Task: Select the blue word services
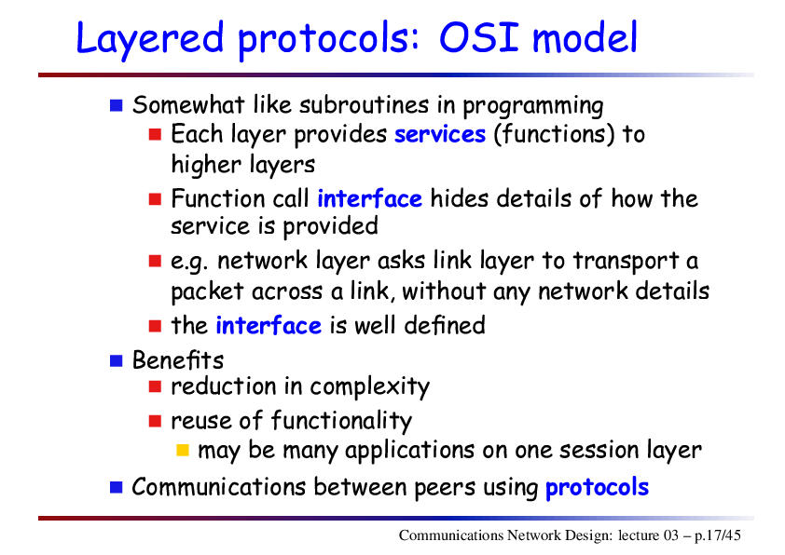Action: (x=440, y=134)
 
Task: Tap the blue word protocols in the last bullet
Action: (x=597, y=488)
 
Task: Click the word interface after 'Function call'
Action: (x=370, y=198)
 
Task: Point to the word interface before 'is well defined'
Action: (x=269, y=326)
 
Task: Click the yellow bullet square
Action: (x=183, y=450)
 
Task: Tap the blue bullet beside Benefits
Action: (x=117, y=360)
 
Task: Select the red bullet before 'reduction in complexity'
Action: (x=155, y=386)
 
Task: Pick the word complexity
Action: (x=370, y=387)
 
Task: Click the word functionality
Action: (x=341, y=421)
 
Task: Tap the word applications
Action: (x=409, y=450)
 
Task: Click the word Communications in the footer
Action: (x=451, y=535)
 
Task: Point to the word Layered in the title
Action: (x=150, y=38)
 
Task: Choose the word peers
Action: (x=445, y=488)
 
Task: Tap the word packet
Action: (x=207, y=291)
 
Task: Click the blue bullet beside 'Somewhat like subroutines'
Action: (x=117, y=105)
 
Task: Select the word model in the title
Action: (x=585, y=37)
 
